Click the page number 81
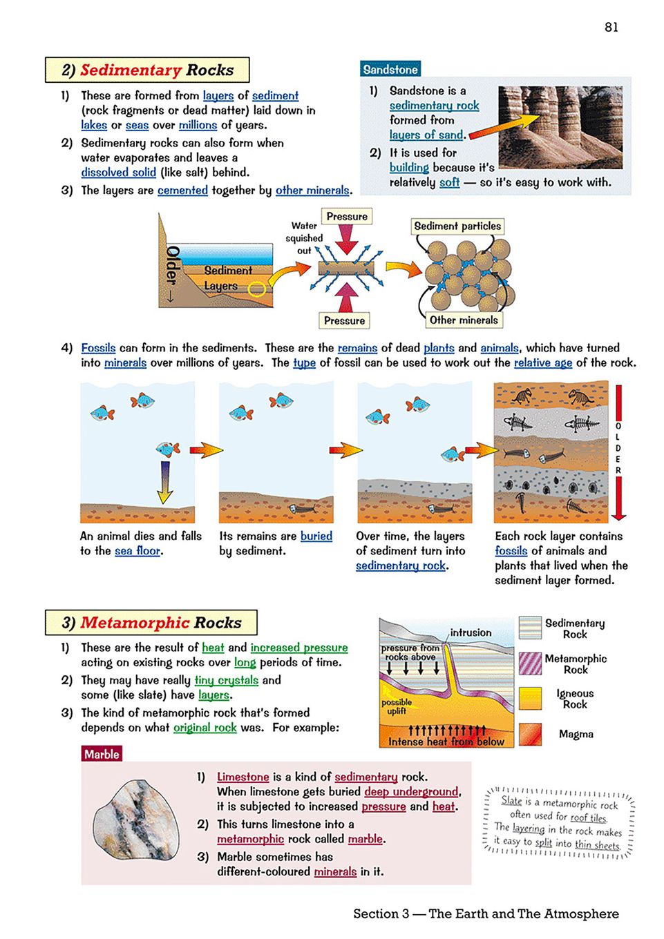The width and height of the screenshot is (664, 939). (611, 27)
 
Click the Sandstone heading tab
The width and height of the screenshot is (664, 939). (390, 69)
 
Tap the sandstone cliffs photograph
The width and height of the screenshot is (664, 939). (560, 127)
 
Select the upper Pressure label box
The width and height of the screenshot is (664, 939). (347, 216)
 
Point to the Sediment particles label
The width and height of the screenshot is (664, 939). (457, 226)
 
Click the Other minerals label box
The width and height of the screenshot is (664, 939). (463, 320)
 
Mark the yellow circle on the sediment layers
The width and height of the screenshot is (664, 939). (256, 289)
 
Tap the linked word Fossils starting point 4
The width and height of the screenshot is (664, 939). (98, 348)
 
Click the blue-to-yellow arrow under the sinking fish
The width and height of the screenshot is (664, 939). (164, 482)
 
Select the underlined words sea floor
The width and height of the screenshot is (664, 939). (137, 551)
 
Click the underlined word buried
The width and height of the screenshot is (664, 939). (316, 536)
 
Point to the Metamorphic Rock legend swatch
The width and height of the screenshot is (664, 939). (530, 664)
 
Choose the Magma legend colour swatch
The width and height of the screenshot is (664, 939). (530, 734)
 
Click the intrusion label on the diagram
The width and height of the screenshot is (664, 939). (471, 632)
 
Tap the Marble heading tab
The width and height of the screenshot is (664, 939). (102, 754)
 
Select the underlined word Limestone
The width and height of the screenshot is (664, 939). (243, 777)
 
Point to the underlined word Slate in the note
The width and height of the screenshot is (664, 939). (511, 801)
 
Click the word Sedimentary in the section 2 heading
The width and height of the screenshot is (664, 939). (131, 70)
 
